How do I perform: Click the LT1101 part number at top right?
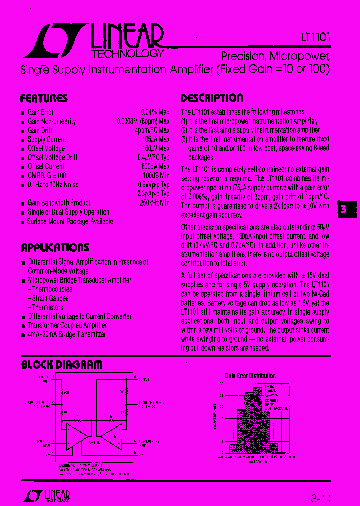pyautogui.click(x=315, y=38)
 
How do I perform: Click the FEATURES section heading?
pyautogui.click(x=44, y=98)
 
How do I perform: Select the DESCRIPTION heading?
pyautogui.click(x=211, y=98)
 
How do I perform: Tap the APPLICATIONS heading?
pyautogui.click(x=55, y=248)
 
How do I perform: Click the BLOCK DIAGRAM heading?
pyautogui.click(x=62, y=364)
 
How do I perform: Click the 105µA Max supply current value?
pyautogui.click(x=156, y=139)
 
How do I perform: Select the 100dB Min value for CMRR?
pyautogui.click(x=156, y=176)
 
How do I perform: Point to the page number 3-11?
pyautogui.click(x=321, y=498)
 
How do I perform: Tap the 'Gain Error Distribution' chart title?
pyautogui.click(x=250, y=376)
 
